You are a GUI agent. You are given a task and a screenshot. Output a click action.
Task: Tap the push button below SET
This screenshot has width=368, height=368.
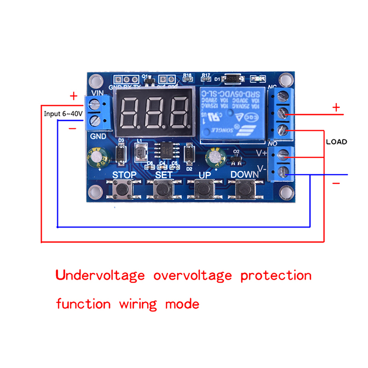[163, 188]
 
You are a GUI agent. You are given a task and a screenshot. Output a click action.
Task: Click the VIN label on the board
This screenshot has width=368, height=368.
[98, 92]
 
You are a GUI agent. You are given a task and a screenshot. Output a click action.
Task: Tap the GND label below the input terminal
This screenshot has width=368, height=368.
[98, 136]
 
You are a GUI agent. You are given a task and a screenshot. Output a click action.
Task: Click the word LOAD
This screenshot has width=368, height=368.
[336, 142]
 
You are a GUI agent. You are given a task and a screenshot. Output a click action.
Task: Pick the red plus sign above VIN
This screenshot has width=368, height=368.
[74, 96]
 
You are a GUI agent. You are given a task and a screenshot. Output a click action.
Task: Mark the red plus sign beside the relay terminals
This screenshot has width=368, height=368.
[336, 108]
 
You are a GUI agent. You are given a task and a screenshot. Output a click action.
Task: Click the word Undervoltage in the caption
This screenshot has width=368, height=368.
[100, 276]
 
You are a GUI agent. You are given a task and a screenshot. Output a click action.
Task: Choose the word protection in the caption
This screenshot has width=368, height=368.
[276, 276]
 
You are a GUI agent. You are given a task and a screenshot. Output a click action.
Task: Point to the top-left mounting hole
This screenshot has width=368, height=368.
[95, 81]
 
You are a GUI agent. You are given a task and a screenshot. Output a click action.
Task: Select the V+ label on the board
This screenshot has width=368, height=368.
[262, 153]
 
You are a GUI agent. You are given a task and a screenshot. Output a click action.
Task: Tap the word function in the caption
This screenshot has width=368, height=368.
[83, 304]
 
